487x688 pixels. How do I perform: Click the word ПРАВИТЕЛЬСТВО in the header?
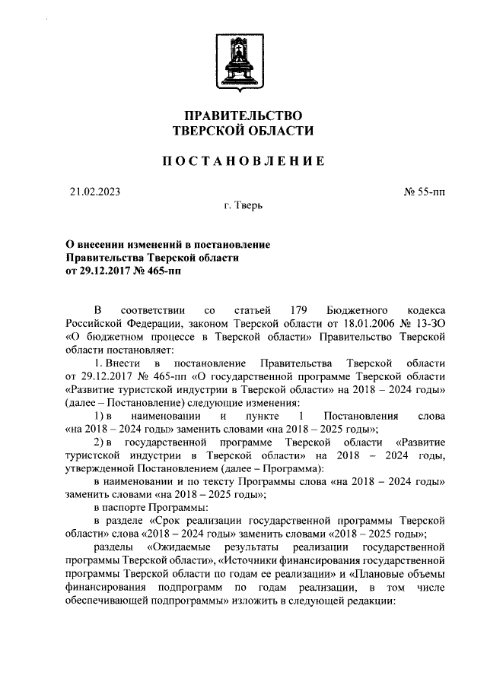243,116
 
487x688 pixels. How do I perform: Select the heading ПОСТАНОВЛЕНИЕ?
243,161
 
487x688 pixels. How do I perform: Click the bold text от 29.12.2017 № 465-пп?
123,270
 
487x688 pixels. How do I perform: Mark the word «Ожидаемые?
183,546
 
